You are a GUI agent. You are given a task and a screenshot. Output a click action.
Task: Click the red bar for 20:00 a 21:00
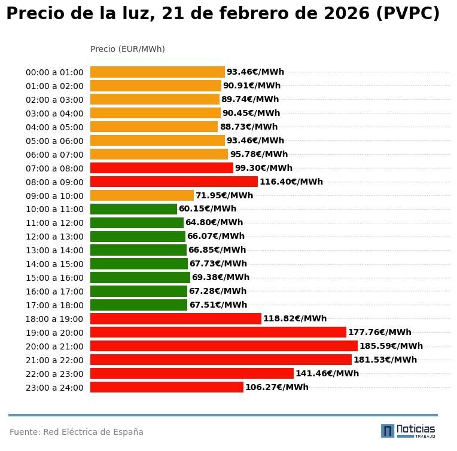point(224,346)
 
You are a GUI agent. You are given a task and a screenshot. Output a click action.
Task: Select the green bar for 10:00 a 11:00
point(133,209)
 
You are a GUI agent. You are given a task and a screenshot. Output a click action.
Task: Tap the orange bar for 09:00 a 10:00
point(142,195)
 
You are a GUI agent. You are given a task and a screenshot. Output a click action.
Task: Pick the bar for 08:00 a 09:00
point(173,182)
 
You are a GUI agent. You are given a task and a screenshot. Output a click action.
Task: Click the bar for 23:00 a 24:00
point(166,387)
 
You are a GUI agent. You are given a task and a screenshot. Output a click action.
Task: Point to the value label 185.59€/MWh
point(391,346)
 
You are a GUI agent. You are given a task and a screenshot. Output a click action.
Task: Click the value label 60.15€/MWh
point(208,209)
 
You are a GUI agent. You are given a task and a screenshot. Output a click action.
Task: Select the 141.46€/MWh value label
point(327,373)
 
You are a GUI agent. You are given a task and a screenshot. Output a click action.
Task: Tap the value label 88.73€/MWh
point(249,127)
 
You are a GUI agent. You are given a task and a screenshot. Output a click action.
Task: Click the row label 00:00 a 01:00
point(54,72)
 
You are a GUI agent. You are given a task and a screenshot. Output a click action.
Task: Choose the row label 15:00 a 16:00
point(54,278)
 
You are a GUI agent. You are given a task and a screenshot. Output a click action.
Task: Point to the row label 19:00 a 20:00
point(54,333)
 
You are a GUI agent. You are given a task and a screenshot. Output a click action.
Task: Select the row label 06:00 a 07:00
point(54,155)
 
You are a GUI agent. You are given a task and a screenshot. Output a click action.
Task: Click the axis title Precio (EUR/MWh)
point(127,49)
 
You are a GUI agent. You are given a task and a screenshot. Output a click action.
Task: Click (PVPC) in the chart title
point(407,14)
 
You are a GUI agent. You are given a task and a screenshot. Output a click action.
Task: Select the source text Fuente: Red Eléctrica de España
point(77,432)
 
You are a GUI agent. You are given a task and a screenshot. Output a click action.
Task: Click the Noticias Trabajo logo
point(408,431)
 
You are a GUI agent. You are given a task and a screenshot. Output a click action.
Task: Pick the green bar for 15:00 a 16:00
point(140,277)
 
